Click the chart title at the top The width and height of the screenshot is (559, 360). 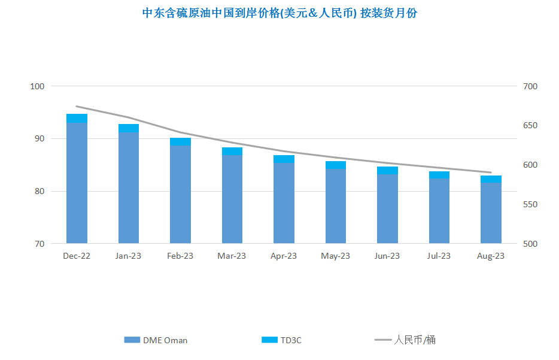(x=279, y=13)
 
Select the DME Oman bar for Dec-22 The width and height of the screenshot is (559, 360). (x=77, y=183)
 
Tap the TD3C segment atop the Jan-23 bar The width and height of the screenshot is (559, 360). (x=129, y=128)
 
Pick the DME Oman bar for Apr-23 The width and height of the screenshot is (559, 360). (x=284, y=203)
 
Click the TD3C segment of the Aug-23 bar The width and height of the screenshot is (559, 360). (x=491, y=179)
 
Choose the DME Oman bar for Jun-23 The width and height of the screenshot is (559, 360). (x=387, y=208)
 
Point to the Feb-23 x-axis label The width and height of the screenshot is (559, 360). (x=180, y=256)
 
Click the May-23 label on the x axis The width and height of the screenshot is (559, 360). (x=336, y=256)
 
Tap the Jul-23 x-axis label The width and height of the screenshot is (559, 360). (x=439, y=256)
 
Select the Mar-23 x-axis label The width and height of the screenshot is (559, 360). (x=232, y=256)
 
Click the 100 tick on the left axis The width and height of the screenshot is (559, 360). (x=37, y=86)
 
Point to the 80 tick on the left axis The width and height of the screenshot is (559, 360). (x=40, y=191)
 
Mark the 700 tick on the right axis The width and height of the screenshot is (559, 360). (x=530, y=86)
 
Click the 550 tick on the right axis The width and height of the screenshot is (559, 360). (x=530, y=204)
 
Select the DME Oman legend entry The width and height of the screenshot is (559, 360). (x=156, y=340)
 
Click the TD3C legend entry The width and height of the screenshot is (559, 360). (x=281, y=340)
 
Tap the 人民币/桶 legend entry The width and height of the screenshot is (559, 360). (x=405, y=340)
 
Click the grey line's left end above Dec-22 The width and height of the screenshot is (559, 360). (x=77, y=107)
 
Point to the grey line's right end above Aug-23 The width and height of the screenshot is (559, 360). (x=491, y=173)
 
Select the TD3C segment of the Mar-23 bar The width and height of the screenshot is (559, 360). (x=232, y=152)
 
